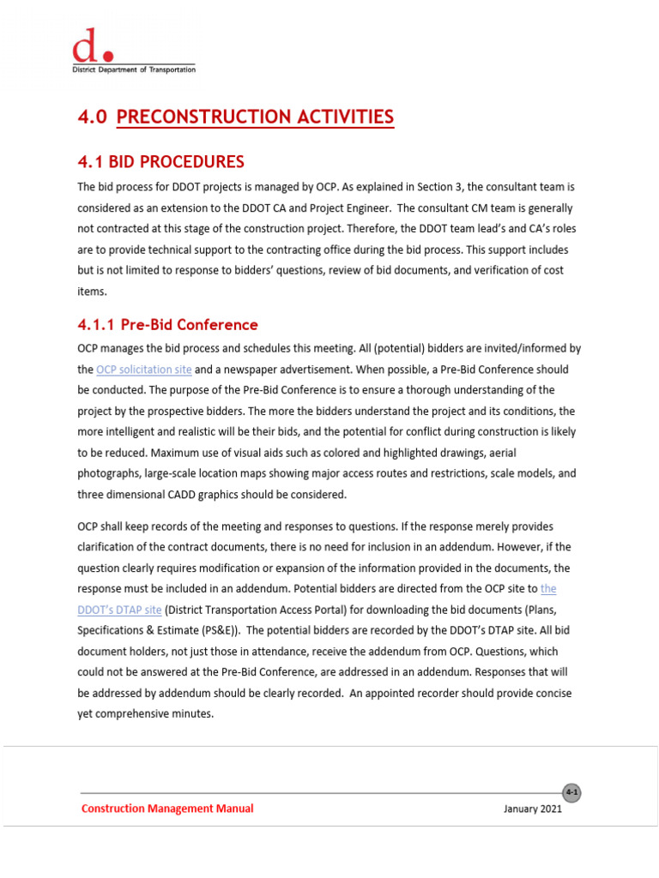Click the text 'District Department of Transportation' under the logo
pyautogui.click(x=133, y=69)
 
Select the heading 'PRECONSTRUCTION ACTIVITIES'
pyautogui.click(x=255, y=117)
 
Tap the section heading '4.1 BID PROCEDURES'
pyautogui.click(x=160, y=162)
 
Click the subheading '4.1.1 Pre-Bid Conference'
pyautogui.click(x=167, y=325)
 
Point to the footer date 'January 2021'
pyautogui.click(x=533, y=809)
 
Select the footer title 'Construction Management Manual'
pyautogui.click(x=167, y=809)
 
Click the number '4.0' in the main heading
pyautogui.click(x=92, y=117)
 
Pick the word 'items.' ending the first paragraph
pyautogui.click(x=93, y=291)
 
